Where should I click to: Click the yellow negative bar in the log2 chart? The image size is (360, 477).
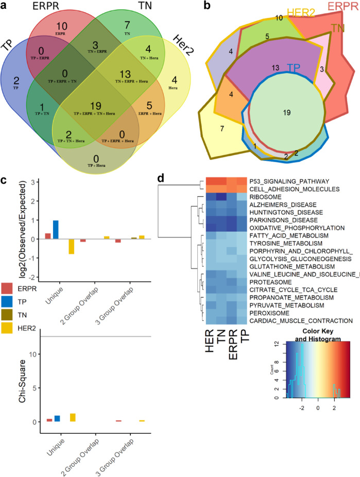pyautogui.click(x=72, y=247)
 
